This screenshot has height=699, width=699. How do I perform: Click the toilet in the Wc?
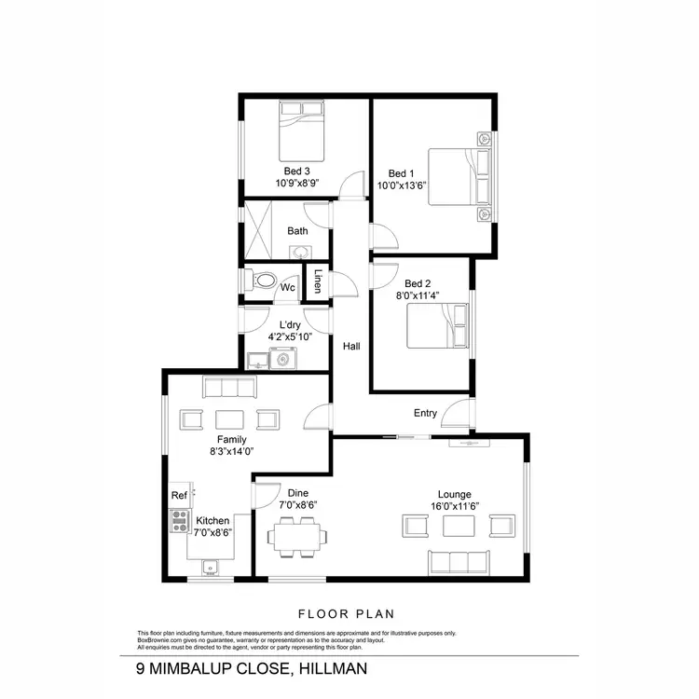click(262, 279)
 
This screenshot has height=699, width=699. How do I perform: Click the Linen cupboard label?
click(318, 281)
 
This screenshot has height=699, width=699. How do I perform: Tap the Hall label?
click(351, 346)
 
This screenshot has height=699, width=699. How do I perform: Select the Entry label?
click(425, 413)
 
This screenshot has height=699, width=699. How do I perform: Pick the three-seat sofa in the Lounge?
click(459, 561)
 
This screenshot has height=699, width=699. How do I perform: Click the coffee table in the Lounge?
click(459, 526)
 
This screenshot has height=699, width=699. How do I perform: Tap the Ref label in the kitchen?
click(178, 496)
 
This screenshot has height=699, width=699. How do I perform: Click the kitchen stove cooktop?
click(178, 522)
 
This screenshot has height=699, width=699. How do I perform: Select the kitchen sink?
click(211, 564)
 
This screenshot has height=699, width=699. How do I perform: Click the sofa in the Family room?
click(229, 388)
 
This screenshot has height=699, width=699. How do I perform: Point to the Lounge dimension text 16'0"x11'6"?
click(455, 506)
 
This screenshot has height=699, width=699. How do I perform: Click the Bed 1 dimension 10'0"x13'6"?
click(400, 185)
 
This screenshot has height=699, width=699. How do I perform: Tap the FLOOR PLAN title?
click(347, 613)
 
